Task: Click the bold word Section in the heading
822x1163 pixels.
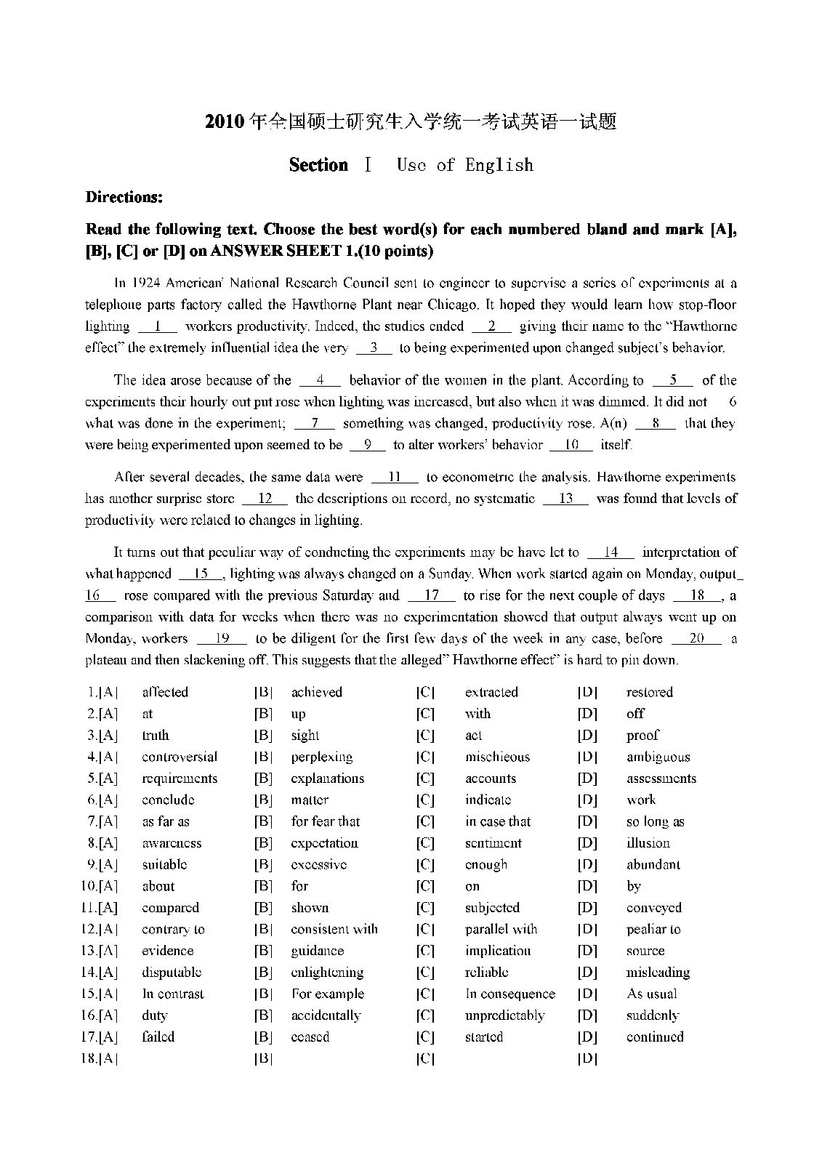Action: (x=318, y=165)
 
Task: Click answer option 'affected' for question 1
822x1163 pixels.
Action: (x=165, y=692)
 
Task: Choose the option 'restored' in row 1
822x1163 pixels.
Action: (x=650, y=692)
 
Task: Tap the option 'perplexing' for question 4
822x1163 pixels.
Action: (x=322, y=757)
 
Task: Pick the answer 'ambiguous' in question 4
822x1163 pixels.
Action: (x=658, y=757)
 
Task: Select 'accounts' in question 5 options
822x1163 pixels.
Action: (x=491, y=778)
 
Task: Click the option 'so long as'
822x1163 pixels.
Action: (x=656, y=821)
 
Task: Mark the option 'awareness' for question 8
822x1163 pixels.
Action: (x=172, y=843)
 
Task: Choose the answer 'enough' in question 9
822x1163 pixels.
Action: (x=486, y=865)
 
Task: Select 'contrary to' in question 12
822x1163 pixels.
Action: (x=174, y=929)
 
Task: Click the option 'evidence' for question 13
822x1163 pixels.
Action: (x=168, y=951)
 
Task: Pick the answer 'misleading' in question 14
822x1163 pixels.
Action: (x=658, y=973)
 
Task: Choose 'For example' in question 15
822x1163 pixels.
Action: (x=328, y=994)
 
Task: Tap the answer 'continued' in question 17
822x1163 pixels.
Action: (x=655, y=1037)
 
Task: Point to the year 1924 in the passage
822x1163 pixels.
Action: (x=145, y=283)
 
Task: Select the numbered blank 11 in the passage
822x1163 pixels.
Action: (x=395, y=478)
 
